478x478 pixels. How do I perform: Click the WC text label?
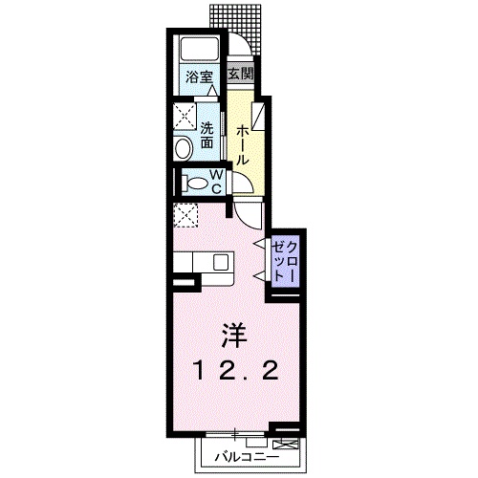pyautogui.click(x=216, y=181)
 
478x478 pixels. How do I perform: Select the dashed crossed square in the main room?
pyautogui.click(x=185, y=215)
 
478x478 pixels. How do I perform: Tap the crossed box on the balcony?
pyautogui.click(x=286, y=445)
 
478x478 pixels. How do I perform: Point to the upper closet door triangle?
pyautogui.click(x=258, y=246)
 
